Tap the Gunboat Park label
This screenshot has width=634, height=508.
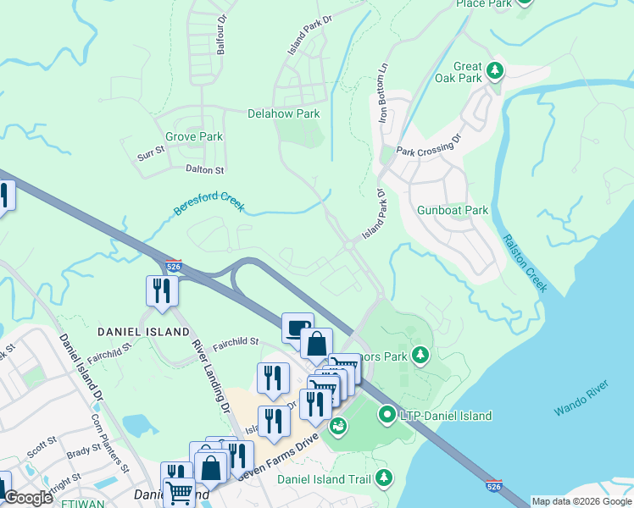(453, 210)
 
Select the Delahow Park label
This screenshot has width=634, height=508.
(283, 113)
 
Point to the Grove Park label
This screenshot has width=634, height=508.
(193, 136)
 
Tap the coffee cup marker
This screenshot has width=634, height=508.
(298, 328)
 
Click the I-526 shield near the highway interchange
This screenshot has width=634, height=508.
(173, 266)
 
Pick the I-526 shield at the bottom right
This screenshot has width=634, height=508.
(494, 486)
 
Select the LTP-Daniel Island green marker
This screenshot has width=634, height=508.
(387, 415)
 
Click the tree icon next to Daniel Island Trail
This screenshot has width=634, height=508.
(384, 478)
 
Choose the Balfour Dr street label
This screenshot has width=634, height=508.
(221, 35)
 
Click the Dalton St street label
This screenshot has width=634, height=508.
(204, 169)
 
